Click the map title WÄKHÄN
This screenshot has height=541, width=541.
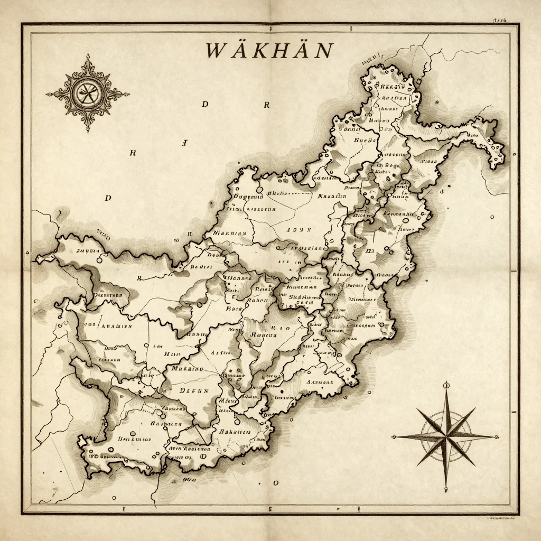click(x=269, y=51)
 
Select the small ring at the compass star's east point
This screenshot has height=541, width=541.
click(x=496, y=436)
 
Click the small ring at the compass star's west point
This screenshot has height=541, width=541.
click(x=394, y=436)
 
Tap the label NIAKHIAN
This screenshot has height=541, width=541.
click(x=229, y=232)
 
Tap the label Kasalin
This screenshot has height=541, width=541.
click(x=332, y=196)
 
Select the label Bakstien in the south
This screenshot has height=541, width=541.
click(x=235, y=431)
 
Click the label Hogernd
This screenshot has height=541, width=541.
click(x=247, y=197)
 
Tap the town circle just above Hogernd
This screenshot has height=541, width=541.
click(x=259, y=188)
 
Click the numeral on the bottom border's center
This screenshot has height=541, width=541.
click(x=270, y=509)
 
